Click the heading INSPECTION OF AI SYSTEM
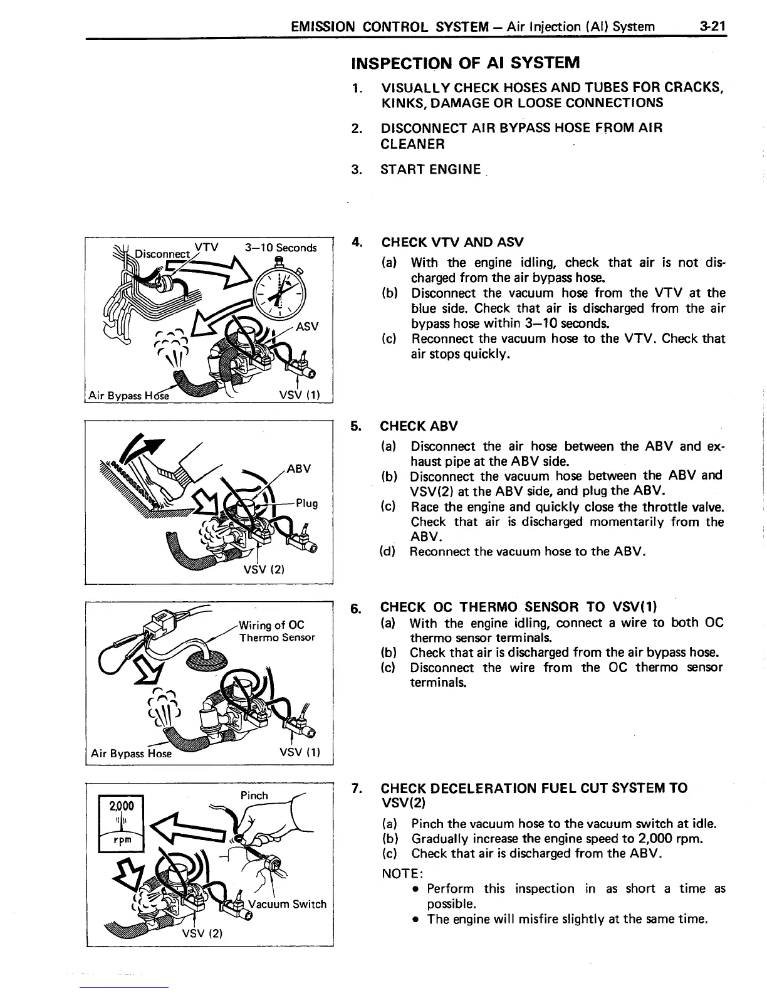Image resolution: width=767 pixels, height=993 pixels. (x=466, y=63)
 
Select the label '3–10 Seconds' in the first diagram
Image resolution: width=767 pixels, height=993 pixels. (x=281, y=248)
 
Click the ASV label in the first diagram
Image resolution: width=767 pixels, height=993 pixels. (x=307, y=326)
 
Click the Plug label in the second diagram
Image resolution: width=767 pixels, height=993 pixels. (x=307, y=503)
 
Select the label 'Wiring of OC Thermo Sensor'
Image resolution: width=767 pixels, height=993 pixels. (x=276, y=631)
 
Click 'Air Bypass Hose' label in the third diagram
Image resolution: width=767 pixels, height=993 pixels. (x=131, y=753)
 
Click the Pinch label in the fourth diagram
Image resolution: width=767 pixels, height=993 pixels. (x=254, y=796)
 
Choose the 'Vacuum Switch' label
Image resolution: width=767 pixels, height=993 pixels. (x=288, y=903)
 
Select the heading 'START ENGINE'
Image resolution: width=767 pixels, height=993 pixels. (x=430, y=169)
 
